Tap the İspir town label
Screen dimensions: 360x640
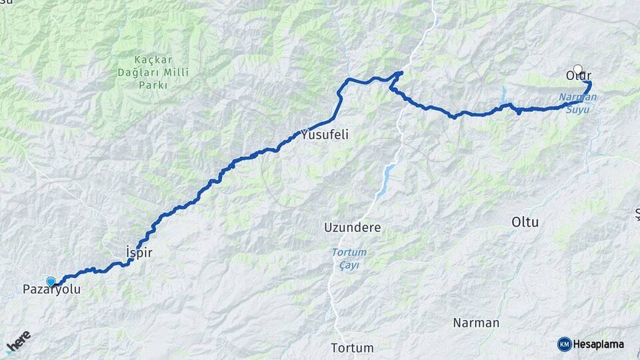[140, 251]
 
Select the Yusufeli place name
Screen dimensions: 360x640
[325, 135]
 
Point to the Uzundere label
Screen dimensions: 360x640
[352, 227]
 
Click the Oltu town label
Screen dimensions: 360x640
[525, 222]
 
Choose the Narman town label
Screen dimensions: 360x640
[475, 323]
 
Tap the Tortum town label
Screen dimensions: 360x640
[352, 348]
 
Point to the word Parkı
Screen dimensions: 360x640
[153, 85]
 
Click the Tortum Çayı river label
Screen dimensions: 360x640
[349, 259]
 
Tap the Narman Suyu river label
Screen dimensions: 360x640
[577, 103]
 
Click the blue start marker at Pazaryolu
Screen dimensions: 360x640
[51, 281]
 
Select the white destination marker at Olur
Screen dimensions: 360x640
[577, 68]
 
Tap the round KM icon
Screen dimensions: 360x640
[564, 344]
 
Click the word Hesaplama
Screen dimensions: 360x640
[598, 344]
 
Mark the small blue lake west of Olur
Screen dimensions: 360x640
[504, 91]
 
